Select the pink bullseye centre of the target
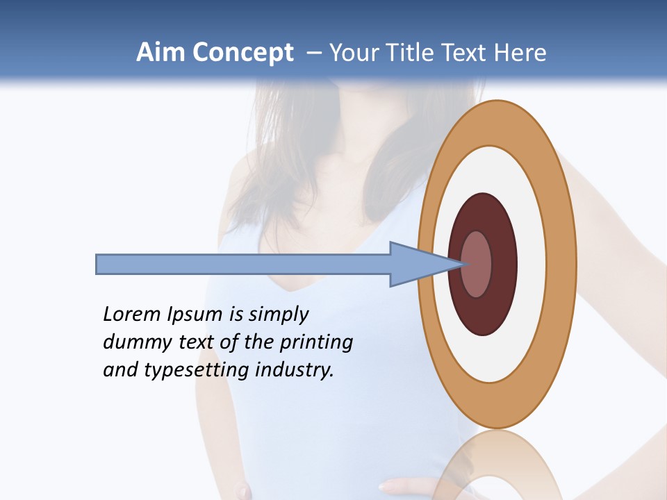point(477,265)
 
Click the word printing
point(316,343)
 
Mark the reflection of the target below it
point(497,465)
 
